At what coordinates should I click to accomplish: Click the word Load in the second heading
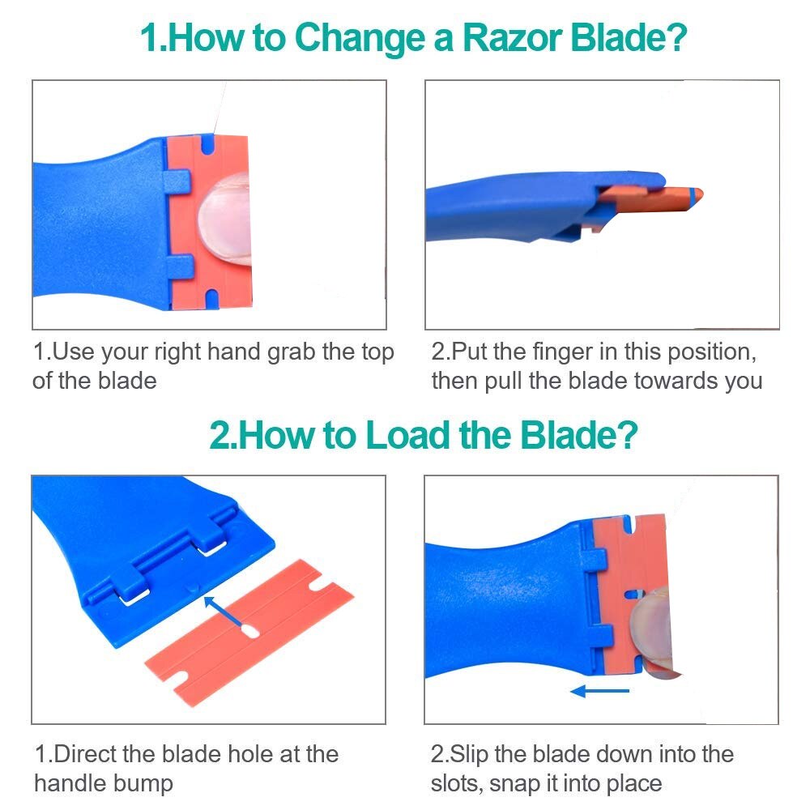(407, 436)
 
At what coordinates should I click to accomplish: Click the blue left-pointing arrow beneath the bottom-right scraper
(599, 691)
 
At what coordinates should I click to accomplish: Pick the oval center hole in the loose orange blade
(250, 630)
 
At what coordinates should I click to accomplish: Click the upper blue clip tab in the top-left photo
(177, 181)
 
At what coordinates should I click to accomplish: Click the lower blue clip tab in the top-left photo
(180, 266)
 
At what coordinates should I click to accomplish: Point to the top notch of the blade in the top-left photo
(207, 145)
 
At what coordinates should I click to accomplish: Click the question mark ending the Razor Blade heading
(678, 38)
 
